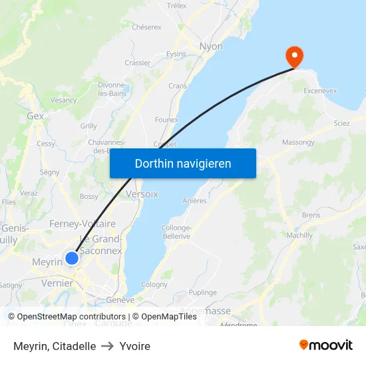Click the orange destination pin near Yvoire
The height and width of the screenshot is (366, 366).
tap(293, 55)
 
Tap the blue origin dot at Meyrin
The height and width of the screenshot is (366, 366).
tap(72, 258)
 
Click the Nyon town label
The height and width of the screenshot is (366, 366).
tap(212, 47)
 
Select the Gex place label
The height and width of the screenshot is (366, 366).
tap(35, 116)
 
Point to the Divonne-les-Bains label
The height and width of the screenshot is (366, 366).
tap(113, 89)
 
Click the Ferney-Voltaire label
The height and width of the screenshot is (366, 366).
tap(83, 224)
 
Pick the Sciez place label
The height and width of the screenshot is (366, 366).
tap(341, 123)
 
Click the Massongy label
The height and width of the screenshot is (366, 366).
tap(298, 142)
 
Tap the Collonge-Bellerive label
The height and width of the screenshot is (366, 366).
tap(176, 232)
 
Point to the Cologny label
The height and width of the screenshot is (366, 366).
tap(154, 284)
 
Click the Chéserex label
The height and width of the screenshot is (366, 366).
tap(146, 27)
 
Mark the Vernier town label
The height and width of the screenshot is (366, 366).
tap(57, 283)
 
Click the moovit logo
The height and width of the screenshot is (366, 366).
tap(326, 345)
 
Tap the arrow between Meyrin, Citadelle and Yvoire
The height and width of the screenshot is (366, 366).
tap(108, 346)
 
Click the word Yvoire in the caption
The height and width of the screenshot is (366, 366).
tap(135, 346)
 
